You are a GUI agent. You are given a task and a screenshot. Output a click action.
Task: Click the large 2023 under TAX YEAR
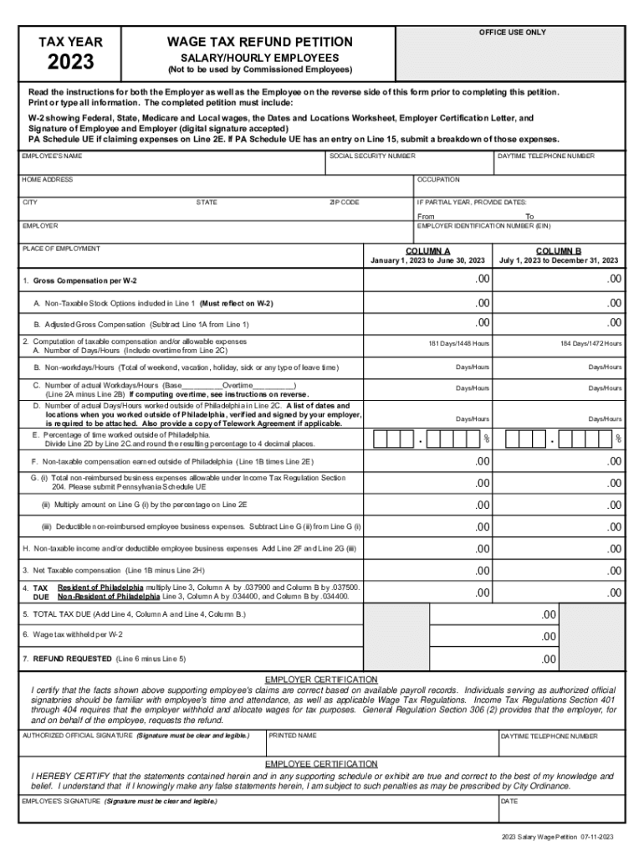tap(71, 62)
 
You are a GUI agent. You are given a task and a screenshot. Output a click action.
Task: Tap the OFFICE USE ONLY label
tap(512, 32)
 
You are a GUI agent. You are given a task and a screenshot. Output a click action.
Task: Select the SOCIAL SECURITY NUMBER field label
tap(373, 157)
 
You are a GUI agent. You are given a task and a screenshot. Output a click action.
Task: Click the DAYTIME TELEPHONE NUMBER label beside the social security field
tap(546, 157)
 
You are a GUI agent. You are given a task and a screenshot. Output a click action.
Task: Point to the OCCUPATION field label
tap(438, 179)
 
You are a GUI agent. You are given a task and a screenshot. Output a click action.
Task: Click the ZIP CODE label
tap(345, 203)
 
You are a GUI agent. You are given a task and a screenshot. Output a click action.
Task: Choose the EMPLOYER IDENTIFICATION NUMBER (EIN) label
tap(483, 226)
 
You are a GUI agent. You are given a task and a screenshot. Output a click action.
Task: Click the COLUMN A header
tap(427, 250)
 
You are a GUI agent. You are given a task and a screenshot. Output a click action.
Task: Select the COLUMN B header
tap(558, 250)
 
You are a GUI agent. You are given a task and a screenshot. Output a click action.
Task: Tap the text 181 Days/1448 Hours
tap(458, 344)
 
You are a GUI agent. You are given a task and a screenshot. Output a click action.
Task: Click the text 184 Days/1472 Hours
tap(590, 344)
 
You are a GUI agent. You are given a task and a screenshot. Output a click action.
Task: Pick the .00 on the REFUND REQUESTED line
tap(548, 659)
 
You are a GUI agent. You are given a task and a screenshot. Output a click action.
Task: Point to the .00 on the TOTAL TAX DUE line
tap(548, 614)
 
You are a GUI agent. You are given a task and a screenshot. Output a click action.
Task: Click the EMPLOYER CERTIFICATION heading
tap(321, 679)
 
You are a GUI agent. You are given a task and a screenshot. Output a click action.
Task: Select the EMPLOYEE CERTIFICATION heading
tap(321, 764)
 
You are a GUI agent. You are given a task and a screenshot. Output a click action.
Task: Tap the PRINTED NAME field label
tap(293, 736)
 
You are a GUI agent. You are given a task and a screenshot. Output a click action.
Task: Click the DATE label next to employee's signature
tap(509, 801)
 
